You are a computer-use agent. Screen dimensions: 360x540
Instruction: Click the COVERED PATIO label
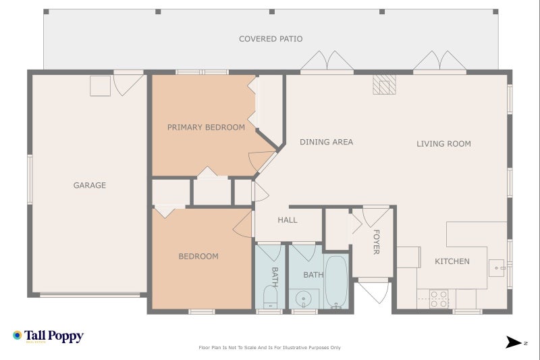[271, 39]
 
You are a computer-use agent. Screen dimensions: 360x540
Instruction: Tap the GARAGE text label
[90, 185]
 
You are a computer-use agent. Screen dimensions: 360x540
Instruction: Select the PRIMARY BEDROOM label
[206, 127]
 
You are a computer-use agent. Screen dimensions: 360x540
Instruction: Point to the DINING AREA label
[326, 142]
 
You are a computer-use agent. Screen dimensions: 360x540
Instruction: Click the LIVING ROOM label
[443, 143]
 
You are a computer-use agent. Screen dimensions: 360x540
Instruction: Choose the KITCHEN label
[452, 261]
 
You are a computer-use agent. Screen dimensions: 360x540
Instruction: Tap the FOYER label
[376, 242]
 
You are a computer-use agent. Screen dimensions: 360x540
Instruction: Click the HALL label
[287, 220]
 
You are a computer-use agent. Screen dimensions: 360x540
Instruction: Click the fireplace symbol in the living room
[385, 84]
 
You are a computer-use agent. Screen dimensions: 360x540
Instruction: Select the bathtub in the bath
[336, 282]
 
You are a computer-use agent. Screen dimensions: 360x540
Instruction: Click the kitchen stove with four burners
[439, 299]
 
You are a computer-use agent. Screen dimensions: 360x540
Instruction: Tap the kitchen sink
[498, 268]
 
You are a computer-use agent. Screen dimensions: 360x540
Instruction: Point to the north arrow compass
[515, 342]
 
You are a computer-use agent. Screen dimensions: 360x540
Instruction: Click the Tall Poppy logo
[48, 336]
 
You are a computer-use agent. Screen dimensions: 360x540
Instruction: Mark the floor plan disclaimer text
[269, 348]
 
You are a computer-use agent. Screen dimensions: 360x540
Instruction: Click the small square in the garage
[100, 86]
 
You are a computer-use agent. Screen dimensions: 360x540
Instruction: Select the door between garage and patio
[128, 83]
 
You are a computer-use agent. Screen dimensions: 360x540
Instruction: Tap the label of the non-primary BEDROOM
[198, 256]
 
